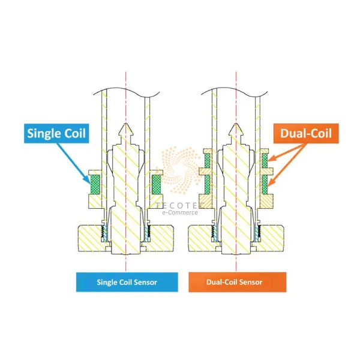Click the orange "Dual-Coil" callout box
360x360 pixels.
click(x=306, y=133)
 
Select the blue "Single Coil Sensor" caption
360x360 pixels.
click(x=127, y=281)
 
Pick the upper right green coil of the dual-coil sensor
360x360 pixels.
click(x=265, y=160)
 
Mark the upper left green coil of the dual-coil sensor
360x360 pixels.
click(x=206, y=160)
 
